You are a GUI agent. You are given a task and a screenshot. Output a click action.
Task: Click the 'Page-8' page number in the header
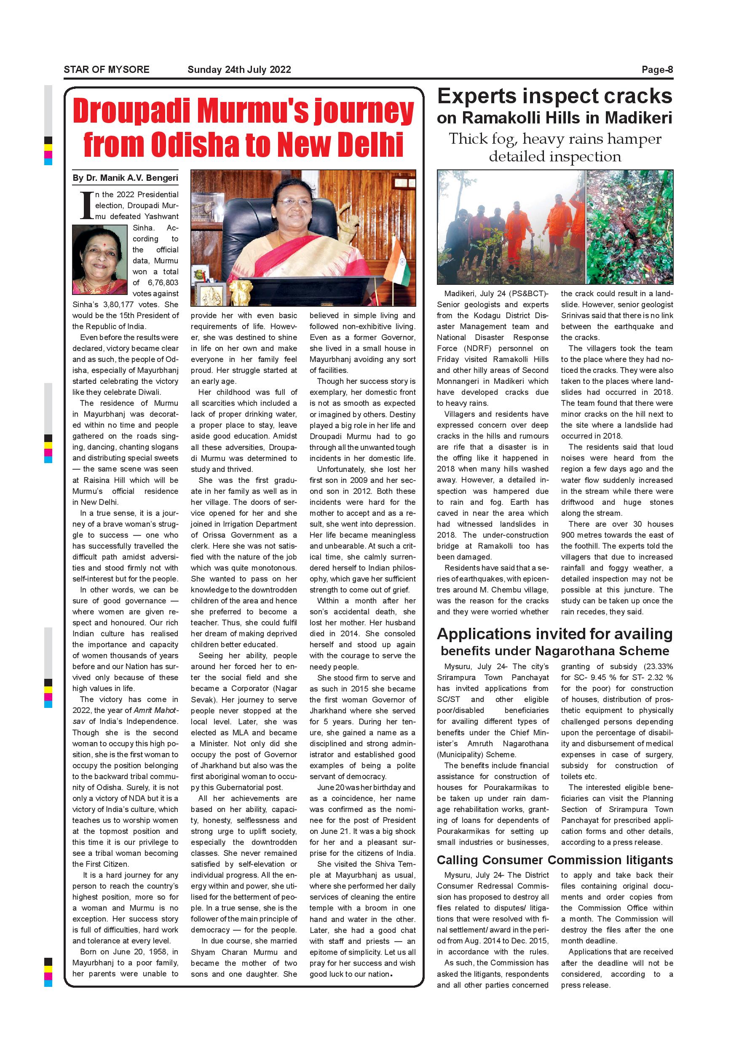(x=657, y=70)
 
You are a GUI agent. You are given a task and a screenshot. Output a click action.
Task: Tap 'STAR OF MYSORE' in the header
(x=107, y=70)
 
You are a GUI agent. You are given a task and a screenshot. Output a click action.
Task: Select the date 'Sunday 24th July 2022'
(x=239, y=70)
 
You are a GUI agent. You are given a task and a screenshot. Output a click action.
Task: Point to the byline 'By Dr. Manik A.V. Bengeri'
(x=125, y=178)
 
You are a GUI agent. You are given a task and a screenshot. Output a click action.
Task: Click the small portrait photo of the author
(x=100, y=260)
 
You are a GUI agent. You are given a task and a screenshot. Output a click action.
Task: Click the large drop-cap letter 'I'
(x=86, y=205)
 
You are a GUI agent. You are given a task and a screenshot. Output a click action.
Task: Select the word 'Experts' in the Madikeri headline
(x=476, y=96)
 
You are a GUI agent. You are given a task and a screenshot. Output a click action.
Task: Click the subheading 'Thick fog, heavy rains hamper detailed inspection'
(x=555, y=147)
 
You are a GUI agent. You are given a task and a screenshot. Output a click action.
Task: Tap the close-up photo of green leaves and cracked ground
(x=629, y=227)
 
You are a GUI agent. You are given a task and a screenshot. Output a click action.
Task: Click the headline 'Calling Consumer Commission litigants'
(x=554, y=860)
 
